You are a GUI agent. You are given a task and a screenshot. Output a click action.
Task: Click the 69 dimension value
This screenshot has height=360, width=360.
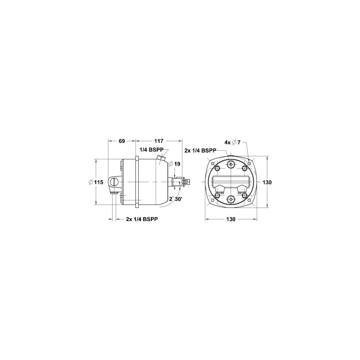(x=122, y=141)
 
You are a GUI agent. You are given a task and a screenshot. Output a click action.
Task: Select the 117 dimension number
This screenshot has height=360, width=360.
(x=159, y=141)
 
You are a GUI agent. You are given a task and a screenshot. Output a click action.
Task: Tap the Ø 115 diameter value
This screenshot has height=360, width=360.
(x=96, y=182)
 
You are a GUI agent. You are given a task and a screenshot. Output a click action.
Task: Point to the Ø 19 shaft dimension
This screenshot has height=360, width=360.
(x=174, y=164)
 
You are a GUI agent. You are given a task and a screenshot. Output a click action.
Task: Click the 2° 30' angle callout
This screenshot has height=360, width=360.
(x=175, y=199)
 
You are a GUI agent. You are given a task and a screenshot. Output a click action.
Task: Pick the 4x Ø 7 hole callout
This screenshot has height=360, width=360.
(x=232, y=142)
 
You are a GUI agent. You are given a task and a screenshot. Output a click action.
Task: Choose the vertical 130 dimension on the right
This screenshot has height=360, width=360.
(x=267, y=182)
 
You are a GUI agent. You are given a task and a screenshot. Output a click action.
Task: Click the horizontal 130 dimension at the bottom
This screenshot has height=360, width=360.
(x=231, y=219)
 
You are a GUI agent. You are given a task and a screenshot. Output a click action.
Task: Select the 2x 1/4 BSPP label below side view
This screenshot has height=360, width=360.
(x=142, y=219)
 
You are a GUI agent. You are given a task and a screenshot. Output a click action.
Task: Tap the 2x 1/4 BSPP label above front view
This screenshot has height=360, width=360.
(x=200, y=150)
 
